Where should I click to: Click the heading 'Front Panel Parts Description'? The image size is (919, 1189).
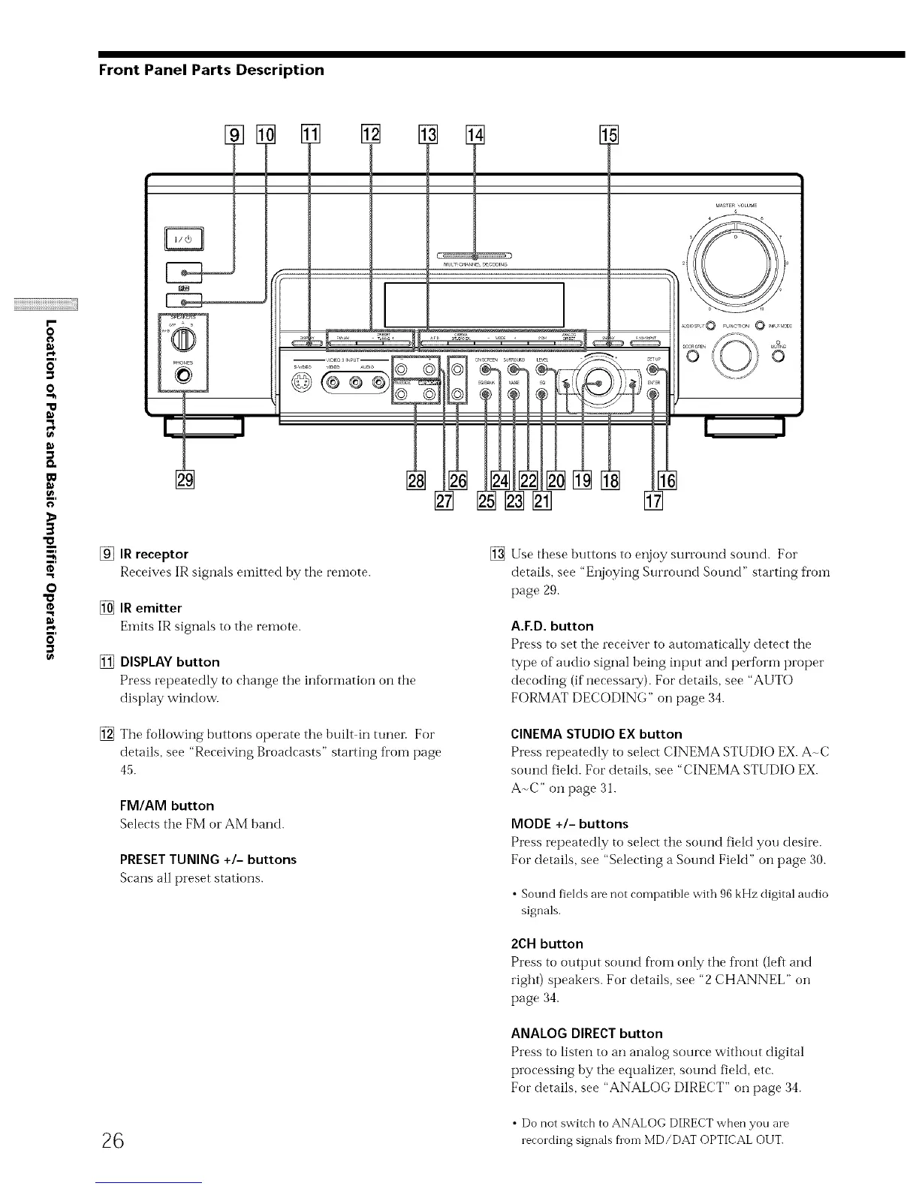point(212,70)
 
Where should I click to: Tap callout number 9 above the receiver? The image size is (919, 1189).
point(234,136)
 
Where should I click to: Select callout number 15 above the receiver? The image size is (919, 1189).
point(607,136)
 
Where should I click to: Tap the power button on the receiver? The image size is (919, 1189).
point(183,241)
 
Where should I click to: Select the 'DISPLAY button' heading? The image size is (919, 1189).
point(170,662)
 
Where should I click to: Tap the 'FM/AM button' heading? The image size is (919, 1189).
point(167,805)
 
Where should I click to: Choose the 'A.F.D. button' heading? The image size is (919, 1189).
point(552,626)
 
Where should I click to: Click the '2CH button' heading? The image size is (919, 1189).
point(547,944)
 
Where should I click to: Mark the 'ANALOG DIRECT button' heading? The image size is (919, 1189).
point(586,1034)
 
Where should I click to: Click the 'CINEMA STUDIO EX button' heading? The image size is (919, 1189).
point(596,734)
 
